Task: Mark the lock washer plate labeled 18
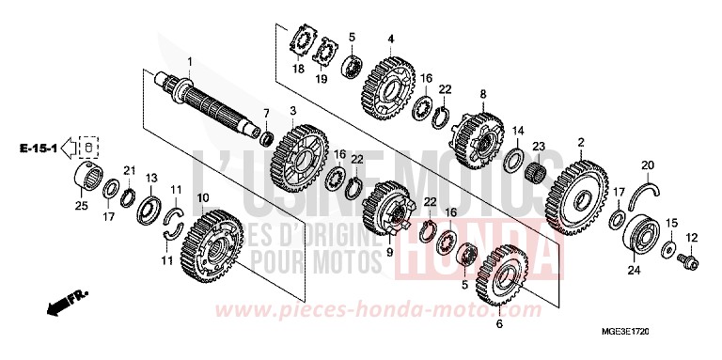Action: (x=302, y=45)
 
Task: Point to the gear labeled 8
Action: (x=482, y=137)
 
